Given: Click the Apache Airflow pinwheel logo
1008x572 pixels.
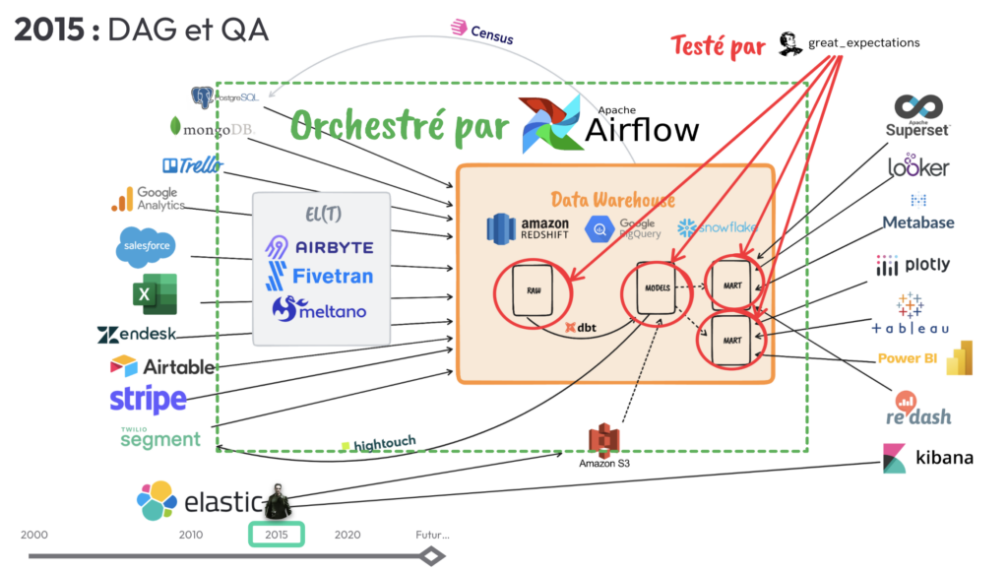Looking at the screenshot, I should point(552,126).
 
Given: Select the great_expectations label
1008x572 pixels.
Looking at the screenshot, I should point(863,43).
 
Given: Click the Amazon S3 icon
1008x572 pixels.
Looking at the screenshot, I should point(603,440).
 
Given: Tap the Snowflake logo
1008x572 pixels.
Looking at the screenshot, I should point(717,227).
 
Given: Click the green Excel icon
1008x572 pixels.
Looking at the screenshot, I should point(154,292).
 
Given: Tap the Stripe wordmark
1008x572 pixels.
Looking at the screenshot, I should point(148,400).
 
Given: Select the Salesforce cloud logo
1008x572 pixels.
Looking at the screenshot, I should point(148,246).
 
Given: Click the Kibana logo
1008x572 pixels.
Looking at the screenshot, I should point(927,458).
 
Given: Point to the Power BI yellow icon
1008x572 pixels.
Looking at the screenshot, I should point(959,358).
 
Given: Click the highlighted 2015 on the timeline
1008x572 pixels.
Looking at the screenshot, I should point(276,535).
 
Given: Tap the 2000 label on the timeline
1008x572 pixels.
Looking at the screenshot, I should point(33,535).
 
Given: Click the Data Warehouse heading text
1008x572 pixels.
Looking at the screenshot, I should point(612,200).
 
